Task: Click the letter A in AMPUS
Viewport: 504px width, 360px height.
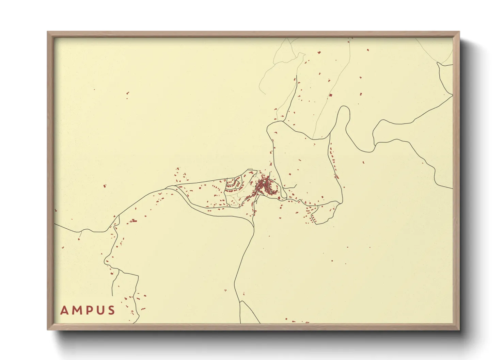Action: click(x=64, y=310)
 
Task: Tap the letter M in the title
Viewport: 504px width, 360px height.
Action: click(x=76, y=310)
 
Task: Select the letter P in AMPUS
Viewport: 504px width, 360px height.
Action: click(x=89, y=310)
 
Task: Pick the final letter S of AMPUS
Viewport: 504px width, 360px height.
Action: click(x=111, y=310)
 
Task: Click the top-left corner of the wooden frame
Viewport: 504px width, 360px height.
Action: click(x=47, y=32)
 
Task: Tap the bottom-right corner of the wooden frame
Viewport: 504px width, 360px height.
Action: click(x=459, y=330)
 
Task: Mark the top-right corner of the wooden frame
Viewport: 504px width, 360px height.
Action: click(x=459, y=32)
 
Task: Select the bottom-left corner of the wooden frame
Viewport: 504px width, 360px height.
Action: click(x=47, y=330)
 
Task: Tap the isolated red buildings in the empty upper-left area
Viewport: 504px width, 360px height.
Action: click(x=128, y=93)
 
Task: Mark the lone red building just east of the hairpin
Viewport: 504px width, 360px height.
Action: click(x=363, y=162)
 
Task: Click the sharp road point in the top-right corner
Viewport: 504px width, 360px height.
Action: click(x=438, y=63)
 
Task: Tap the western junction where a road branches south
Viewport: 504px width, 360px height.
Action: click(x=118, y=215)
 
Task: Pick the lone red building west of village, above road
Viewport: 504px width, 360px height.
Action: click(x=105, y=186)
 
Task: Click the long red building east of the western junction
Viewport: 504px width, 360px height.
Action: click(x=134, y=221)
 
